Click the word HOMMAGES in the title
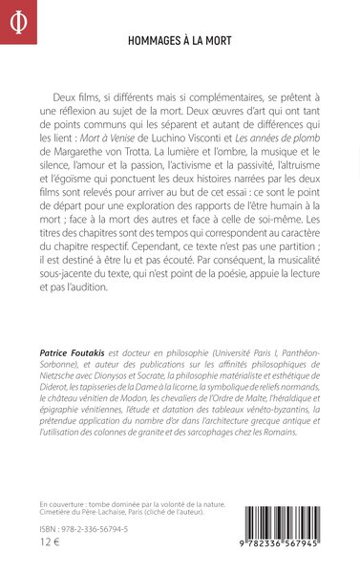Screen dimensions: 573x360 (156, 42)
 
